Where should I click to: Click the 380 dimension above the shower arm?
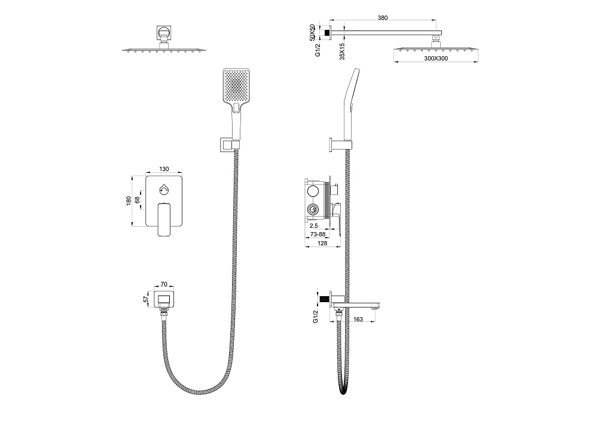[x=382, y=18]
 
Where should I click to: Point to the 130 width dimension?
[x=164, y=169]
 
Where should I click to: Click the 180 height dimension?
[x=129, y=201]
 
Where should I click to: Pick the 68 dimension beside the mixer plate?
[x=138, y=201]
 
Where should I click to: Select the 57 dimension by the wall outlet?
[x=146, y=299]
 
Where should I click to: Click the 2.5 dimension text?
[x=314, y=226]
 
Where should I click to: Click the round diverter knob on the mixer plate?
[x=164, y=190]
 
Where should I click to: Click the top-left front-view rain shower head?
[x=163, y=49]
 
